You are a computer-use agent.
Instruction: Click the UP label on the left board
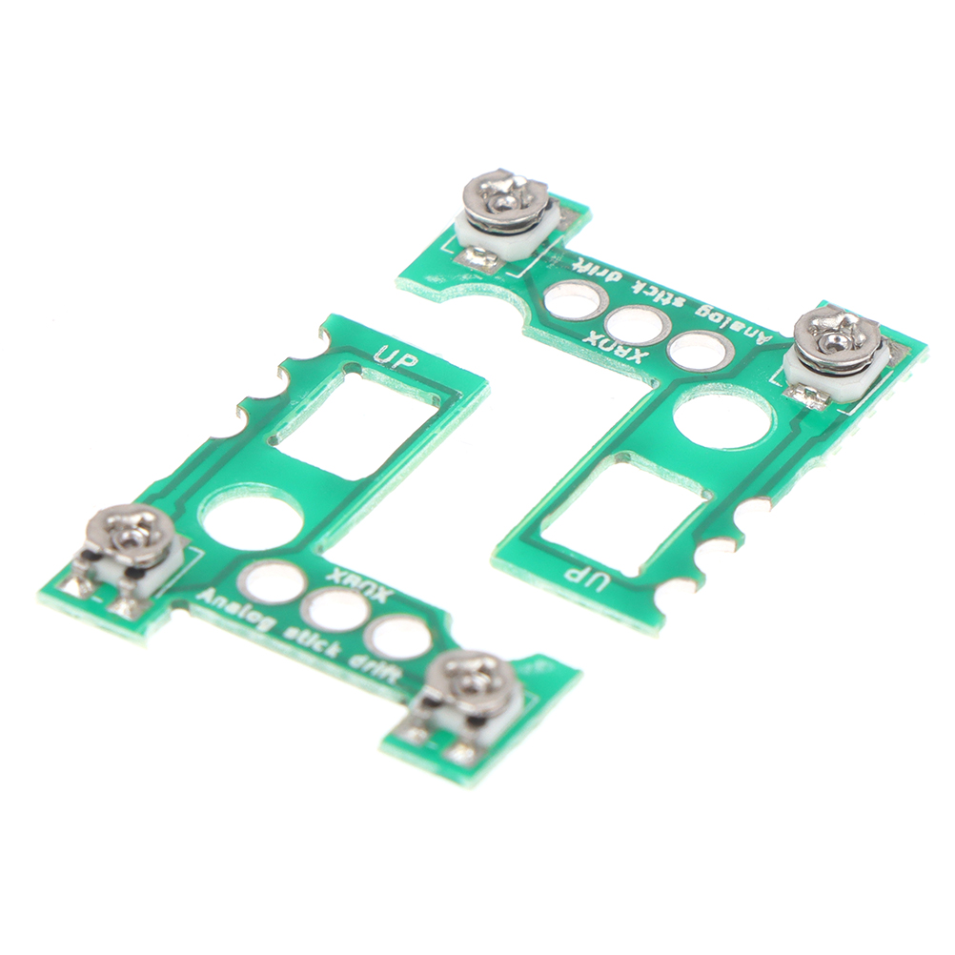point(396,356)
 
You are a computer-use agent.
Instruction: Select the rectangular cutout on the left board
point(355,408)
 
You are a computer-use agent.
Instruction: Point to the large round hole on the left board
point(253,518)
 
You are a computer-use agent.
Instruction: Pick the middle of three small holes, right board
point(635,325)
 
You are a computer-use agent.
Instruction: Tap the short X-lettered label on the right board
point(614,348)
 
